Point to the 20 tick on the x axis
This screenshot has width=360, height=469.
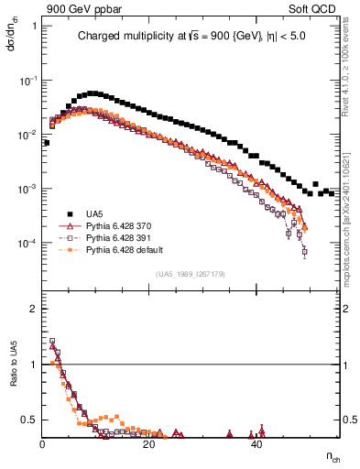pyautogui.click(x=149, y=445)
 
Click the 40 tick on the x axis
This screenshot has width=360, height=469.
pyautogui.click(x=256, y=445)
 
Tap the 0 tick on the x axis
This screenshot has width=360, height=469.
pyautogui.click(x=43, y=445)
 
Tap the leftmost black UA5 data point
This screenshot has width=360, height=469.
pyautogui.click(x=46, y=143)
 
